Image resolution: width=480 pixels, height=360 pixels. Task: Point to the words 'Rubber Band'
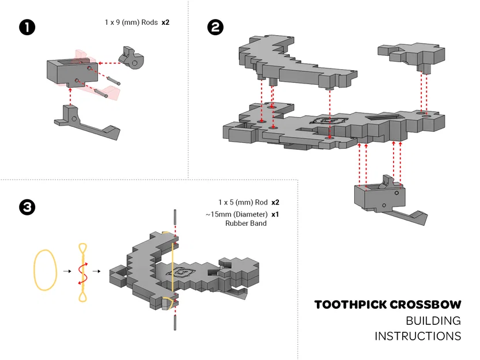(245, 223)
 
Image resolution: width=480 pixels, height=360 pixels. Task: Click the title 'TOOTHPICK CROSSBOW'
(387, 305)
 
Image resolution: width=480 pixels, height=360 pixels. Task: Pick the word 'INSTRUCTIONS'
(417, 336)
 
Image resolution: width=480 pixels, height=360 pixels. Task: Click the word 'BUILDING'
(433, 321)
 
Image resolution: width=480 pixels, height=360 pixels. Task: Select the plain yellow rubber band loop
(46, 269)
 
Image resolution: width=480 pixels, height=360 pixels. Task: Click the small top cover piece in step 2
(411, 55)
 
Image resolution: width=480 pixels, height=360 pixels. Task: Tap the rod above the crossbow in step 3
(174, 219)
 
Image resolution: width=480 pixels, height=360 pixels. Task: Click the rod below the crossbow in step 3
(174, 320)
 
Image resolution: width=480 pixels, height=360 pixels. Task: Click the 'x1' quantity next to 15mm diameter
(275, 214)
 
